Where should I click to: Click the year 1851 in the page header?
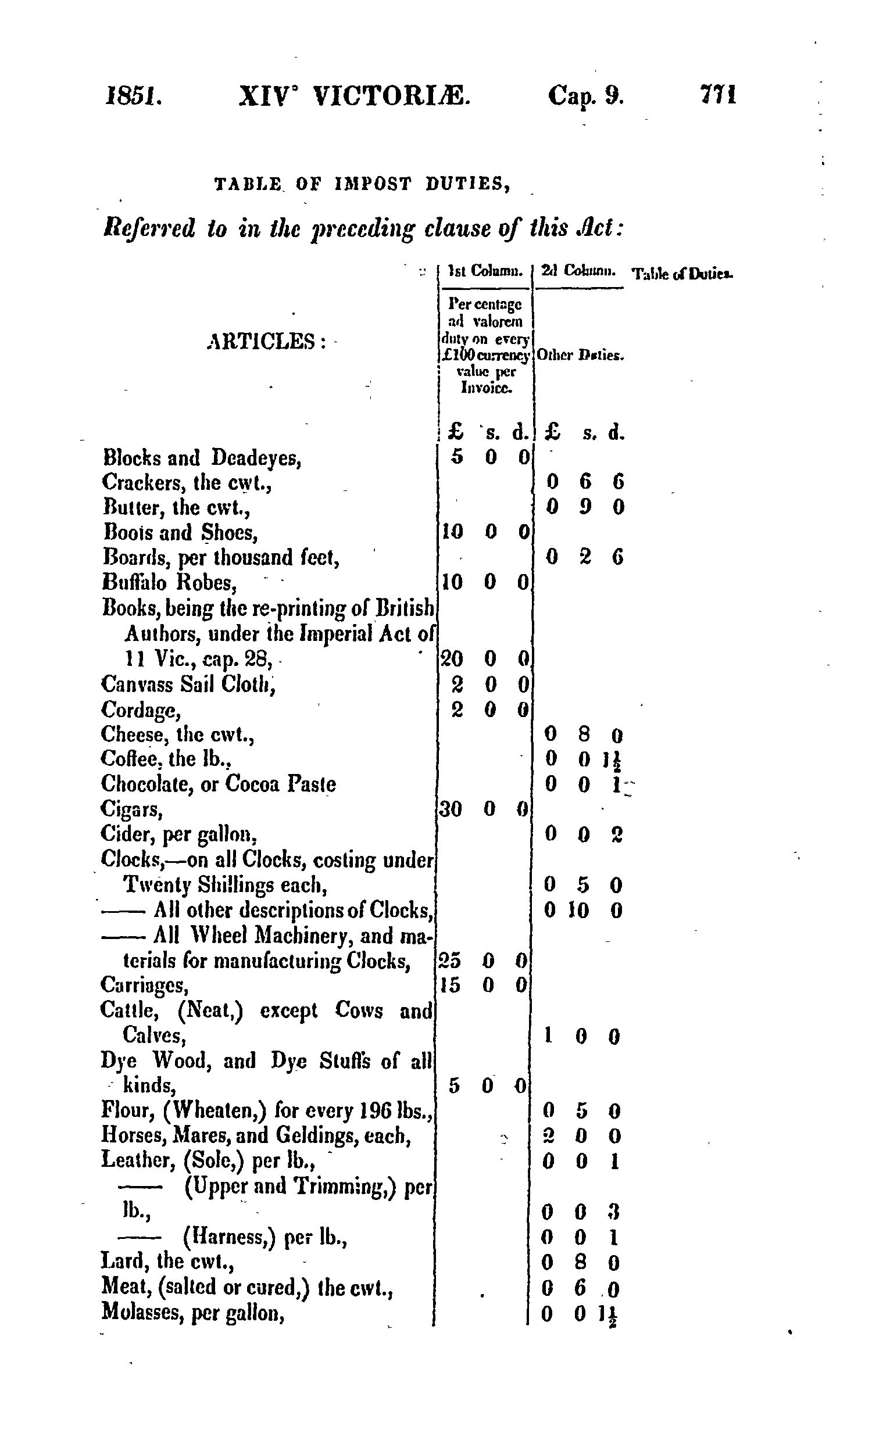coord(133,95)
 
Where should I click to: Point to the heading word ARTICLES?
coord(266,341)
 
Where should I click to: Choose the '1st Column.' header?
coord(485,272)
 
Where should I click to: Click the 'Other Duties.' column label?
coord(580,356)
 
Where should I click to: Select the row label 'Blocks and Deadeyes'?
coord(202,457)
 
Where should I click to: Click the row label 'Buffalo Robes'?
coord(170,583)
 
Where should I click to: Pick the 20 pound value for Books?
coord(452,658)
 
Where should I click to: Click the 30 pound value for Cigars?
coord(451,809)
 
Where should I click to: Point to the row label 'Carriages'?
coord(144,984)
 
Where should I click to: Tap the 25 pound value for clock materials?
coord(450,961)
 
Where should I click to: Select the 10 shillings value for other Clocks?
coord(578,911)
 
